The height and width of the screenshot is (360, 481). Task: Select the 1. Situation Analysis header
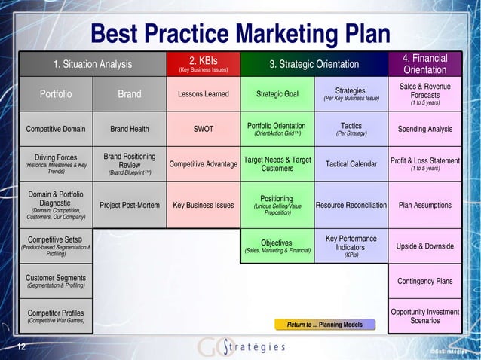[x=92, y=64]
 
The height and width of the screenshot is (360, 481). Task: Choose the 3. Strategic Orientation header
[x=314, y=64]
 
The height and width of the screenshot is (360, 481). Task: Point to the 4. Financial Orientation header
[x=424, y=64]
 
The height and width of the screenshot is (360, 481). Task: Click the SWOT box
[x=203, y=129]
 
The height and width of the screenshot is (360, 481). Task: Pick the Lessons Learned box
[x=203, y=94]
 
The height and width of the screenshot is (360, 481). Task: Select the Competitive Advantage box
[x=203, y=164]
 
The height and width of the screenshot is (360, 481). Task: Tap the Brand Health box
[x=130, y=129]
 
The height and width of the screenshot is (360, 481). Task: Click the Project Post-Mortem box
[x=130, y=205]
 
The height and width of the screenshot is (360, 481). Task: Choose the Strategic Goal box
[x=277, y=94]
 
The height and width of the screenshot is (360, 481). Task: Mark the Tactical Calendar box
[x=351, y=164]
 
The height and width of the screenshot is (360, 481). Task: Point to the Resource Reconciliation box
[x=351, y=205]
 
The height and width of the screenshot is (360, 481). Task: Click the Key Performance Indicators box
[x=351, y=246]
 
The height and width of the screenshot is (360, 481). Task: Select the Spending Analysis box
[x=424, y=129]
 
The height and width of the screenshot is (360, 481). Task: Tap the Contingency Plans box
[x=424, y=282]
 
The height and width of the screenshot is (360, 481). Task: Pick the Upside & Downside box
[x=424, y=246]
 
